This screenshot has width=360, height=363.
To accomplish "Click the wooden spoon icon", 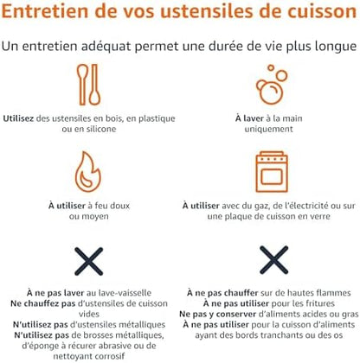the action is tap(89, 85).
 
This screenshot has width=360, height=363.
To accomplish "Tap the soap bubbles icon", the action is tap(272, 84).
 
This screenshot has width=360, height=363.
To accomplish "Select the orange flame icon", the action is tap(88, 172).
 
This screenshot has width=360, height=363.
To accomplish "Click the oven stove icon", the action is tap(272, 172).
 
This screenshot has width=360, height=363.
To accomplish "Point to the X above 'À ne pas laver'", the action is tap(89, 261).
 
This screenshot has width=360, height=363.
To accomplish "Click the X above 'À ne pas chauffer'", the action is tap(273, 260).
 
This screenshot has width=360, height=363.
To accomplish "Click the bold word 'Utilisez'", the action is tap(18, 118).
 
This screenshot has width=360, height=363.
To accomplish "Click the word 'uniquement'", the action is tap(269, 129).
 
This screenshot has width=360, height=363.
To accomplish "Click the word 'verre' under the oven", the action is tap(319, 216).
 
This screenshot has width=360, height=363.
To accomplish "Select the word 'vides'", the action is tap(89, 314).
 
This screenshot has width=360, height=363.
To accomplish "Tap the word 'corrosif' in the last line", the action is tap(108, 356).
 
